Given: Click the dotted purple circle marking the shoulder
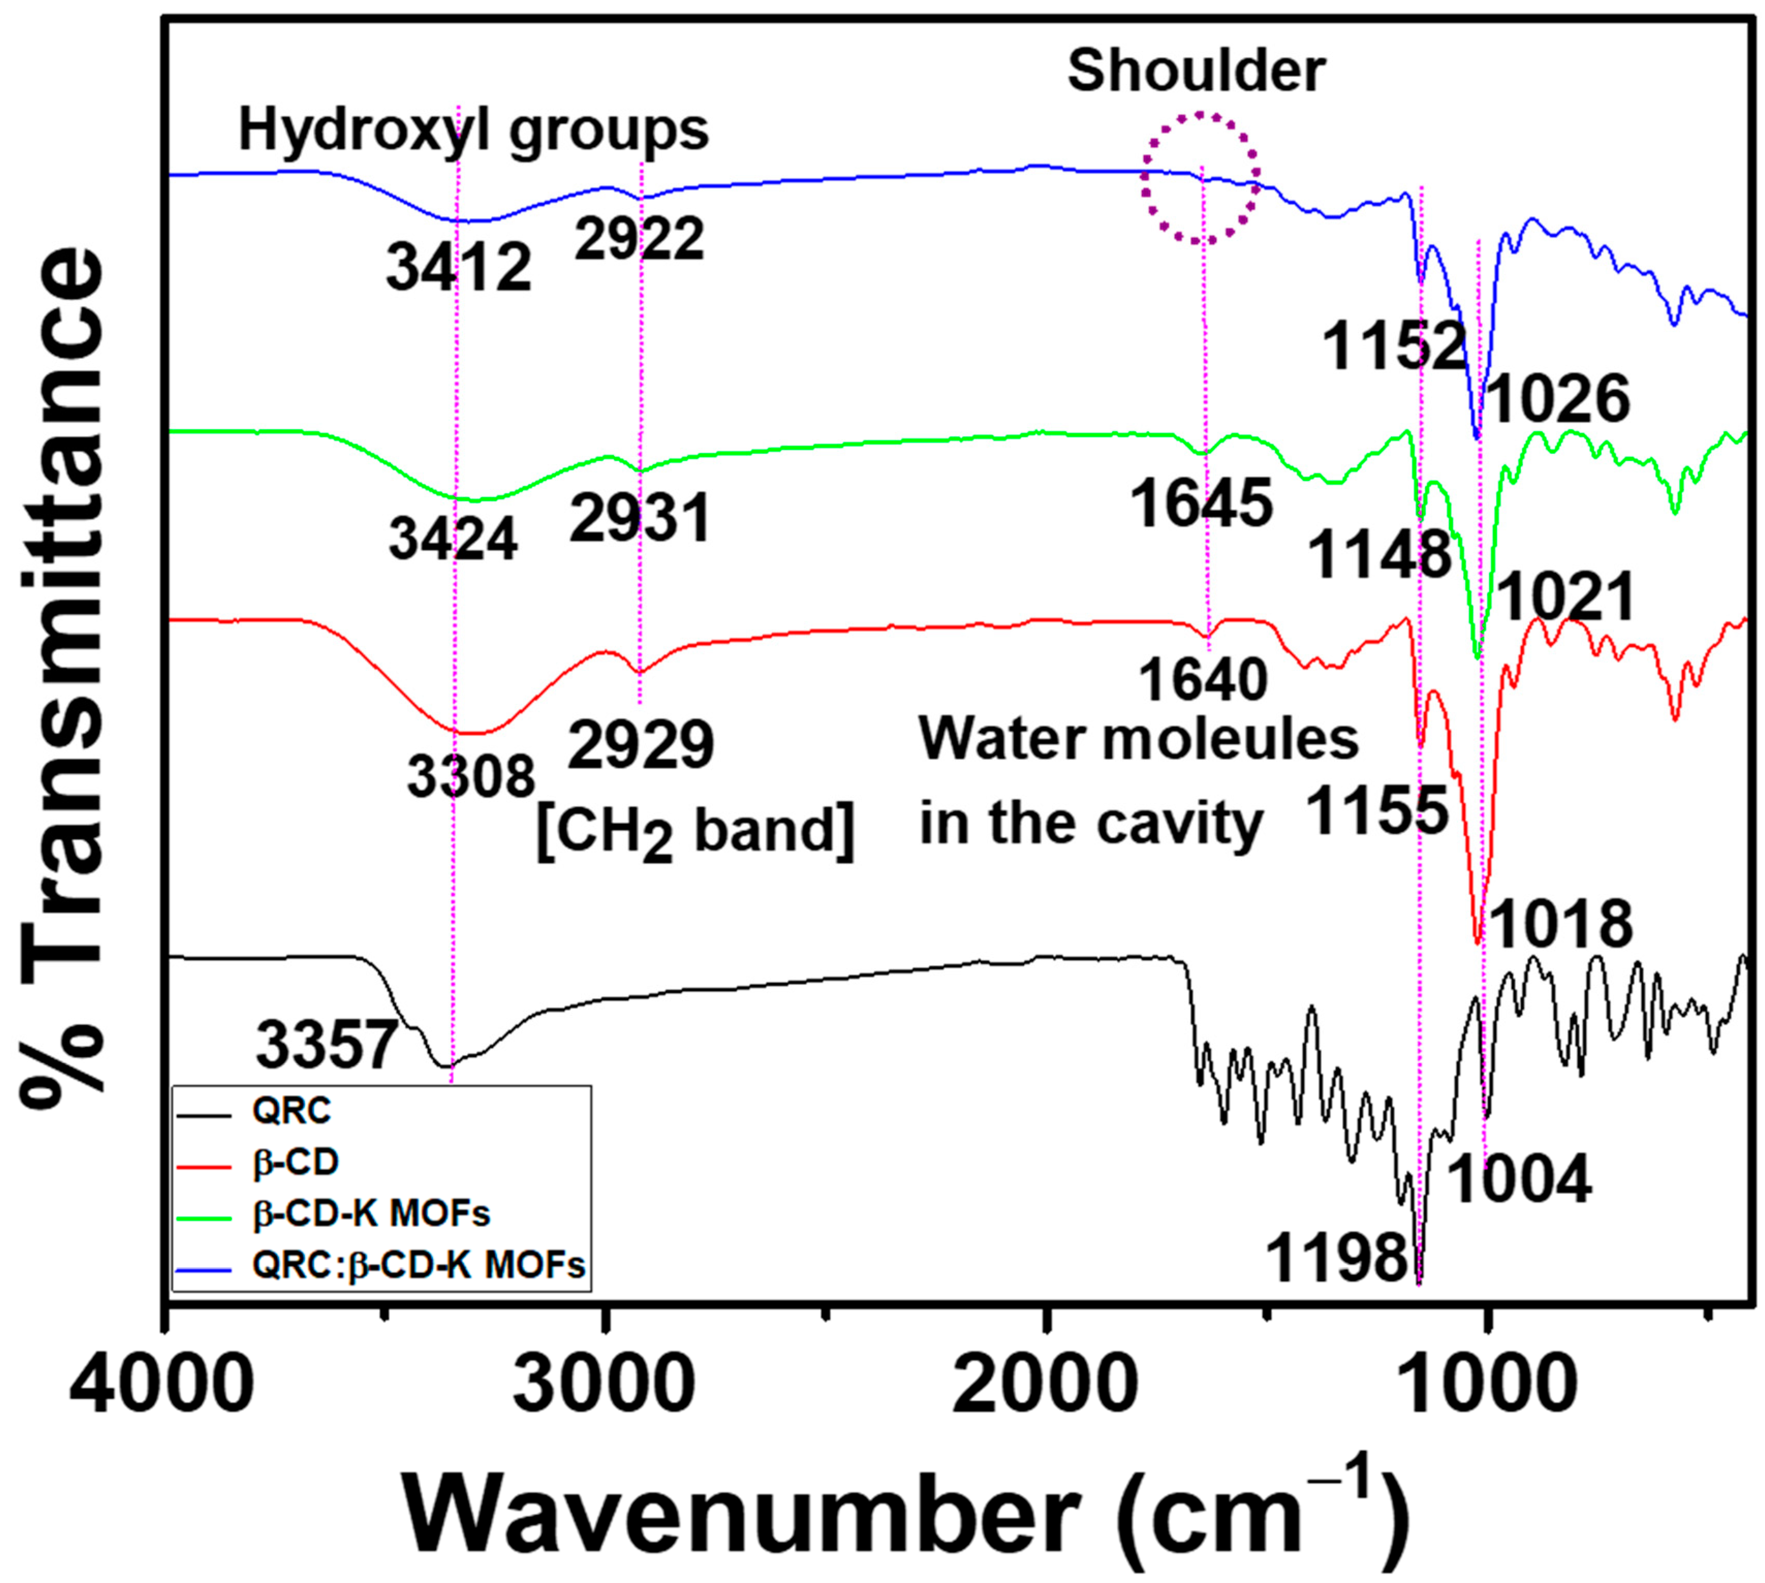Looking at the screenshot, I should (1200, 178).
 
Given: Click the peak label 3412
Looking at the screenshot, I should (458, 268).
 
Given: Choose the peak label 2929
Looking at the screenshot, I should (641, 746).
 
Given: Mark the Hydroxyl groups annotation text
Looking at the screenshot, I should (474, 131).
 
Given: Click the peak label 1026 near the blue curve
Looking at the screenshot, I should (1556, 400).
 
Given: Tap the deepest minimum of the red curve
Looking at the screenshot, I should (1476, 942).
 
